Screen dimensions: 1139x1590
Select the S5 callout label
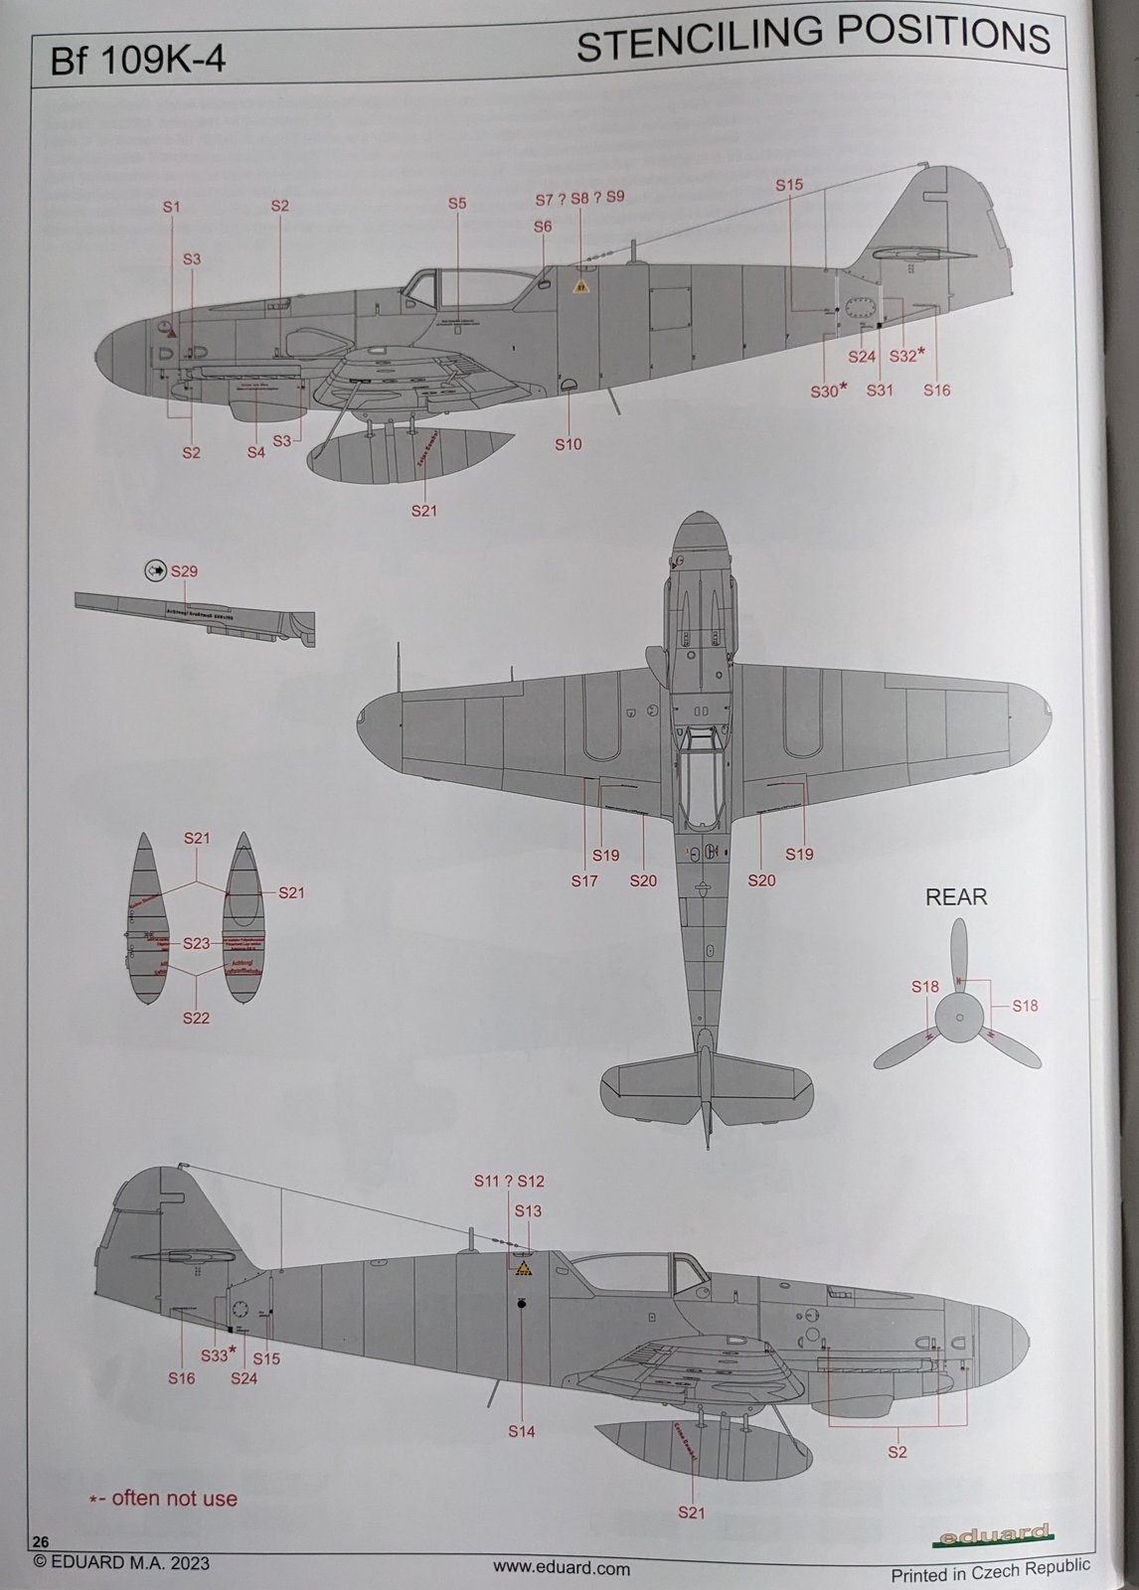pyautogui.click(x=456, y=204)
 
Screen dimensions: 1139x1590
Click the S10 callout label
pyautogui.click(x=568, y=444)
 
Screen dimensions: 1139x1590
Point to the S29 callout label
pyautogui.click(x=184, y=571)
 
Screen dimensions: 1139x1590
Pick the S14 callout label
pyautogui.click(x=521, y=1431)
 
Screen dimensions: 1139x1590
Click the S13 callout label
pyautogui.click(x=528, y=1210)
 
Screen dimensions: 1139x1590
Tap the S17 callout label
pyautogui.click(x=584, y=880)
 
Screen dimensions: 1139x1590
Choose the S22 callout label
pyautogui.click(x=196, y=1018)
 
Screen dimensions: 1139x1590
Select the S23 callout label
pyautogui.click(x=197, y=944)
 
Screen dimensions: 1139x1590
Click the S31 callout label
pyautogui.click(x=880, y=391)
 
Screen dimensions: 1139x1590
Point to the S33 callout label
pyautogui.click(x=216, y=1354)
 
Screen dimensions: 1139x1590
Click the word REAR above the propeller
pyautogui.click(x=956, y=897)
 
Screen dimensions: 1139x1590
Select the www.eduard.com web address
pyautogui.click(x=561, y=1568)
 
